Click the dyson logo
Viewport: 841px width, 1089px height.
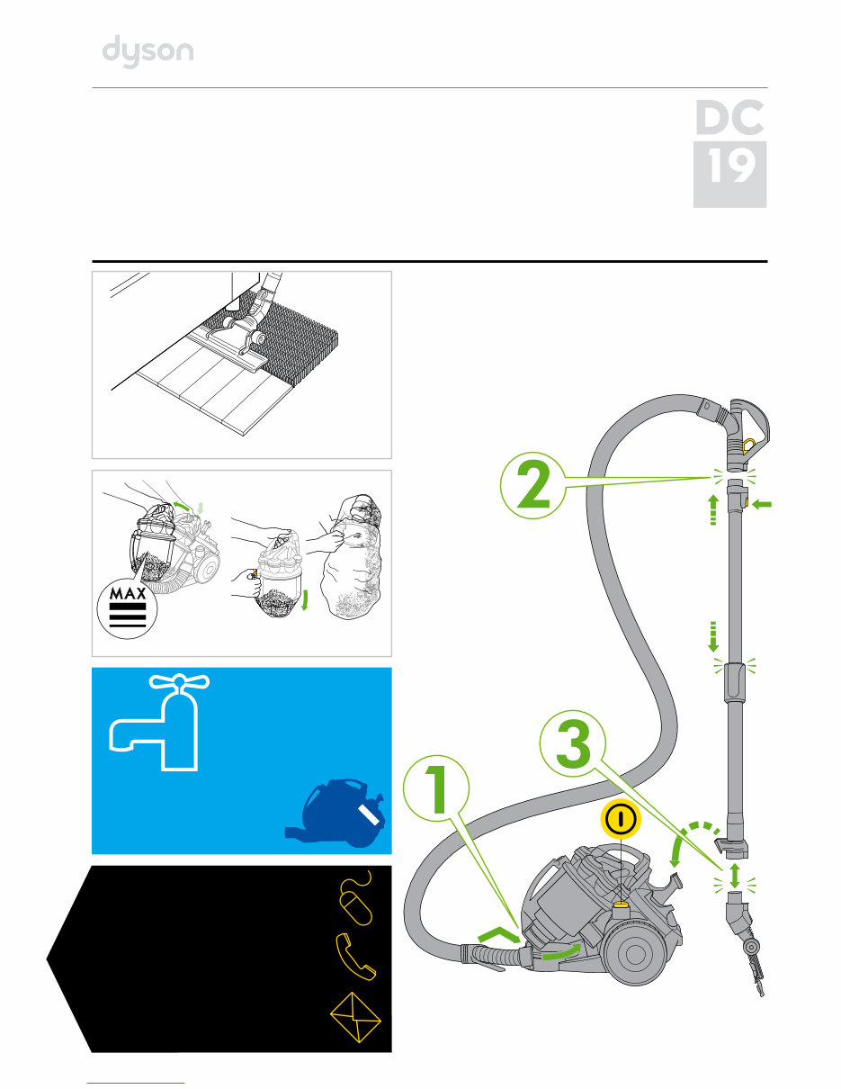tap(148, 51)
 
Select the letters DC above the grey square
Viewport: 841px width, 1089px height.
tap(729, 117)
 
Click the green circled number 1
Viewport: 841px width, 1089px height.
tap(436, 788)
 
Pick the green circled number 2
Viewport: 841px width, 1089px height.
tap(533, 485)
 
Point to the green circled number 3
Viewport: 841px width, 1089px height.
tap(573, 743)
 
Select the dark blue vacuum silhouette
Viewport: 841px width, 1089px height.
tap(336, 813)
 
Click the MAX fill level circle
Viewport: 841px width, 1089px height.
tap(127, 609)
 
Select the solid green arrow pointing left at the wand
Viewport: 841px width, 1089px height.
tap(762, 505)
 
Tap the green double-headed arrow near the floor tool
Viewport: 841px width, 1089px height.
tap(735, 876)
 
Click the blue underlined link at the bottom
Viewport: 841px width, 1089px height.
tap(136, 1082)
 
